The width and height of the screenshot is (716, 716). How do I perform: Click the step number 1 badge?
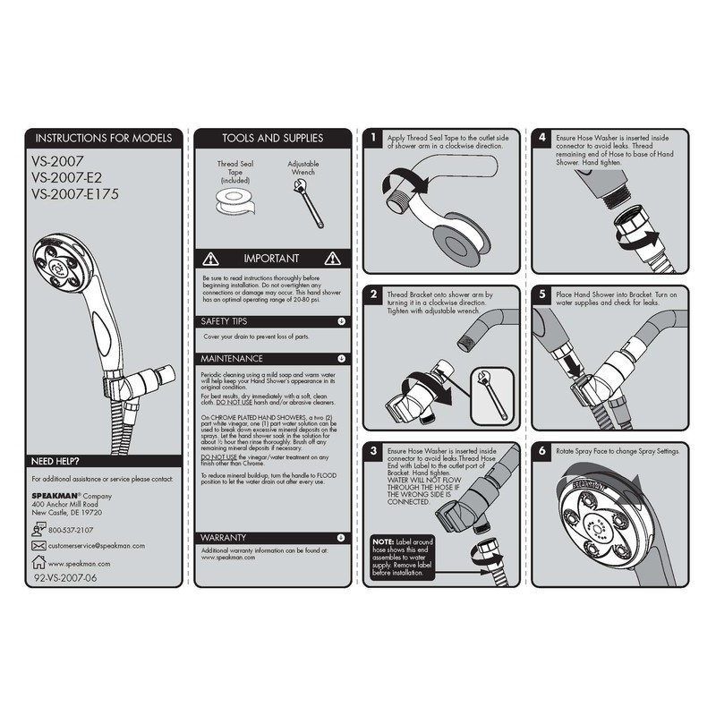372,139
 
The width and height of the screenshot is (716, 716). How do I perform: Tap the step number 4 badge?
542,139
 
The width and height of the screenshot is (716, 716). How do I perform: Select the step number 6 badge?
542,451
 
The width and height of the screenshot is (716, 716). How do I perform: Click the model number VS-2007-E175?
75,192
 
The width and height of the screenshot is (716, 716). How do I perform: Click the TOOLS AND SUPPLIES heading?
272,139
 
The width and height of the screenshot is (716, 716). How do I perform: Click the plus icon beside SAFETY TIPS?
341,320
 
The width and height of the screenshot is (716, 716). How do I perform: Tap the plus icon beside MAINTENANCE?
341,358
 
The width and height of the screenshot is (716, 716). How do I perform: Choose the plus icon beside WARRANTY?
341,537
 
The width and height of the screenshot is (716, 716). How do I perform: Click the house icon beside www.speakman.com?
38,563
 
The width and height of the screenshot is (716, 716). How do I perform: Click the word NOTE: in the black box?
383,542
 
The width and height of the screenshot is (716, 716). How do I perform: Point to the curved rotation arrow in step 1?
392,183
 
